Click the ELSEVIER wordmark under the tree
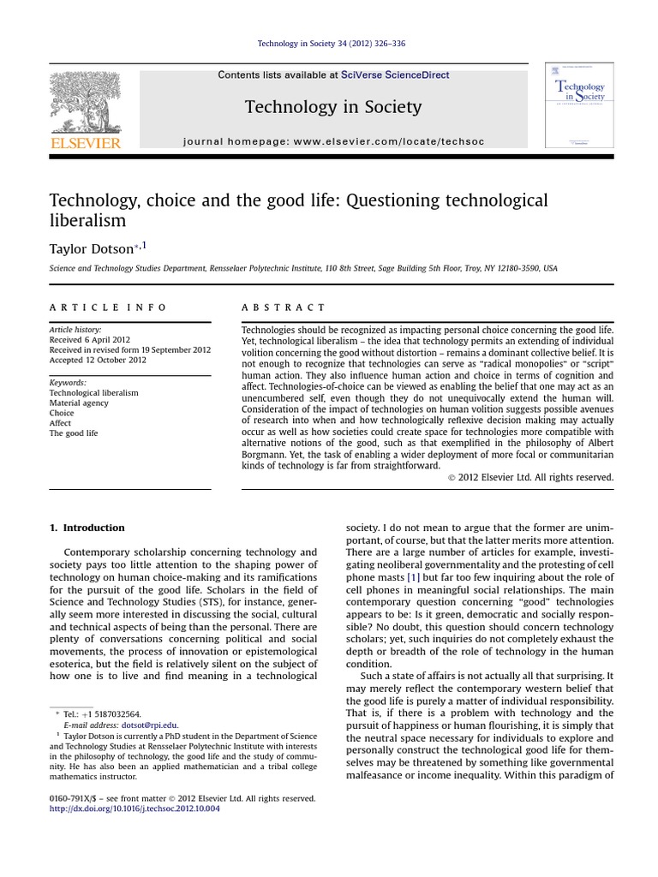[86, 143]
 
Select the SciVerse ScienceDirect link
[395, 75]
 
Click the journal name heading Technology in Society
[333, 107]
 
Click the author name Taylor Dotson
[93, 248]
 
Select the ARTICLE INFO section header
[108, 307]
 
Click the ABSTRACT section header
[284, 307]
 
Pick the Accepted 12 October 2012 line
[98, 360]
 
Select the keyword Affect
[61, 423]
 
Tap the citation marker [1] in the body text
[414, 567]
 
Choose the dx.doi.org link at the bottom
[135, 808]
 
